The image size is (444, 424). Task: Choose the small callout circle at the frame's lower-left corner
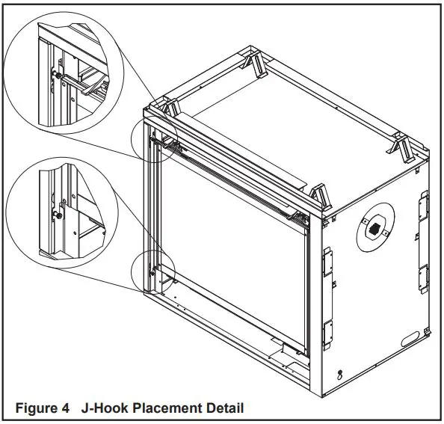click(152, 272)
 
